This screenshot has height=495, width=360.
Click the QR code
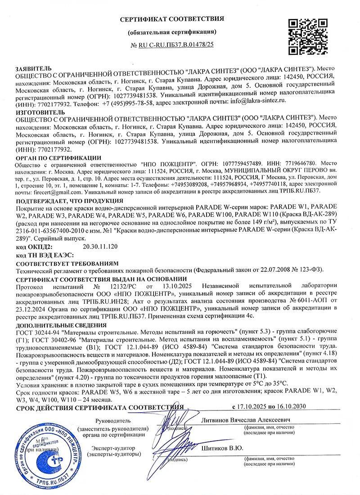[x=306, y=36]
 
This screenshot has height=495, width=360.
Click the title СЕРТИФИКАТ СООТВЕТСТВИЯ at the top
[x=172, y=18]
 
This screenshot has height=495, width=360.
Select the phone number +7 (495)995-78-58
[x=128, y=103]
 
